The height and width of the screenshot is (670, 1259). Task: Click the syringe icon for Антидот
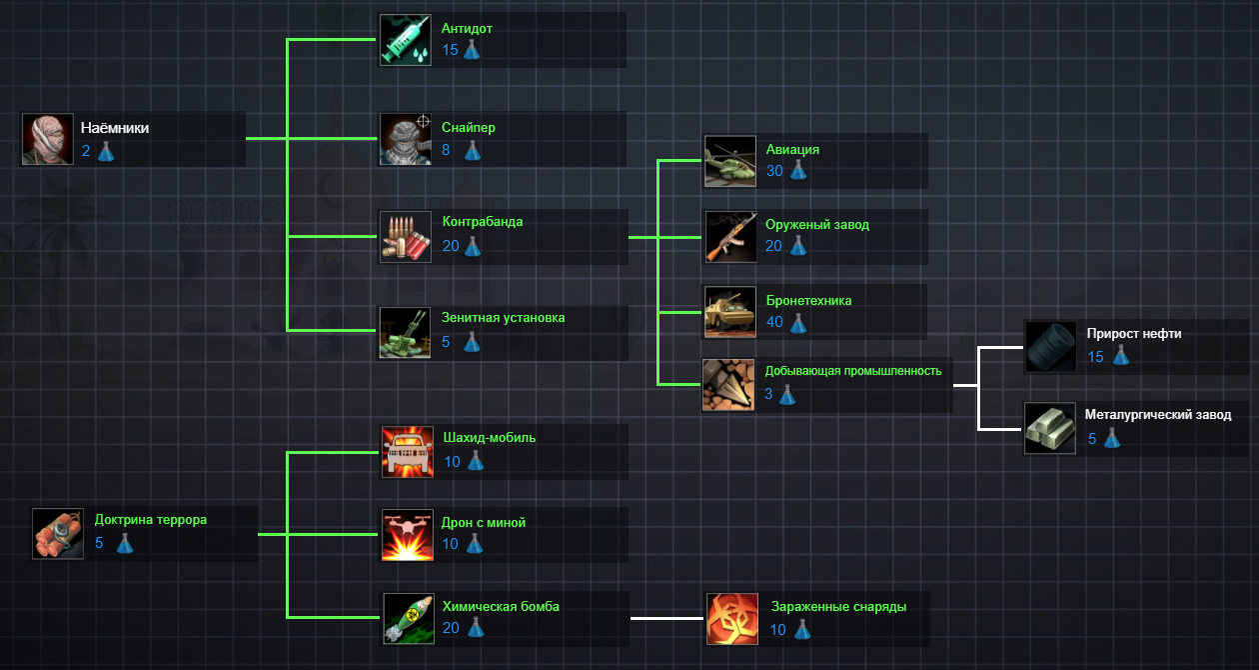tap(406, 40)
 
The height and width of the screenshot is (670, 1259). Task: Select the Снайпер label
tap(469, 128)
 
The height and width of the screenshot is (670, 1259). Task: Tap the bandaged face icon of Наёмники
tap(48, 139)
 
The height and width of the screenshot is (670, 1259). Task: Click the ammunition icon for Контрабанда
tap(406, 236)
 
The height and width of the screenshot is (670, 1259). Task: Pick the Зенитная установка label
tap(504, 318)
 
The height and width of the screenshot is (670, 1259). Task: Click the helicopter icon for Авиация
tap(730, 161)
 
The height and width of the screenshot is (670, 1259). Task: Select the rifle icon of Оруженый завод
tap(730, 236)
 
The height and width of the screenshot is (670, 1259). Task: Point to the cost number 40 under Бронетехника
tap(774, 322)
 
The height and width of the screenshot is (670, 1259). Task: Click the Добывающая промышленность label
tap(853, 371)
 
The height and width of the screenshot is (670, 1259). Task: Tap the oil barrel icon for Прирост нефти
tap(1050, 346)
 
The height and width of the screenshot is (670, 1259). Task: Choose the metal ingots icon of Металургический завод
tap(1050, 429)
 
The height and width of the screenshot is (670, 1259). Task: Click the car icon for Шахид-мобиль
tap(408, 452)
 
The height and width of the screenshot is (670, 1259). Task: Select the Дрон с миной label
tap(484, 523)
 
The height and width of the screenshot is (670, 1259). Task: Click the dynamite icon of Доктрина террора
tap(58, 533)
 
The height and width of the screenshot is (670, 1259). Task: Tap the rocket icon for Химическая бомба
tap(408, 618)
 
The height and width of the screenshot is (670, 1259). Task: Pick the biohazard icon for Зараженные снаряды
tap(732, 618)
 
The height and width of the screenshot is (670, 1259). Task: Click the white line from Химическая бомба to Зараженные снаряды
tap(667, 618)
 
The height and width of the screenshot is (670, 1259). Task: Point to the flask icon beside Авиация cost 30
tap(797, 171)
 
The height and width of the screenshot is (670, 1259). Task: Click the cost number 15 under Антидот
tap(450, 50)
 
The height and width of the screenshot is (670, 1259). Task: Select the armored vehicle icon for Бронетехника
tap(730, 312)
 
